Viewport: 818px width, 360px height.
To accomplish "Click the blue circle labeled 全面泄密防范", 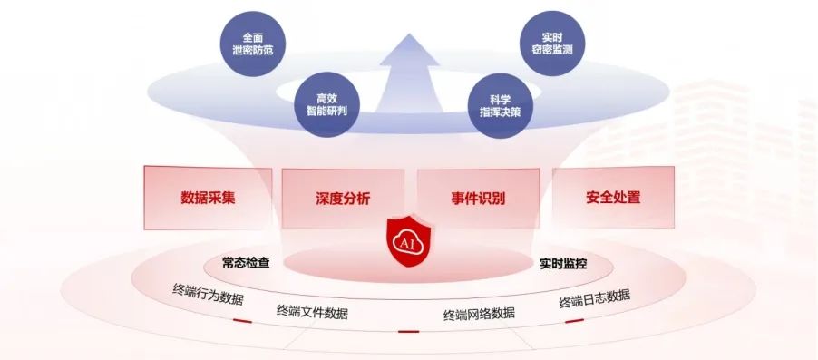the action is click(x=252, y=44).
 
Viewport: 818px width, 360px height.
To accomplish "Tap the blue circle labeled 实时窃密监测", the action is click(x=553, y=44).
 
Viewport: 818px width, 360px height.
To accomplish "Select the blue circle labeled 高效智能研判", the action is click(x=326, y=105).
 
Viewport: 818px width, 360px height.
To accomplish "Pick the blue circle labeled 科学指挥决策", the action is click(x=501, y=106).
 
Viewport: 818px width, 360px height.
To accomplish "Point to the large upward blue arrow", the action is click(x=409, y=73).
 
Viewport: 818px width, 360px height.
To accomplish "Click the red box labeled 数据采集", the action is click(x=208, y=198).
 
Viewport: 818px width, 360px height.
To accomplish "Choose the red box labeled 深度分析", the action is click(x=343, y=199).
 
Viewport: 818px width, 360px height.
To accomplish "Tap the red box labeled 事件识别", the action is click(x=478, y=199).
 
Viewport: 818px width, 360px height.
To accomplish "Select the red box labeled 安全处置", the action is click(x=613, y=198).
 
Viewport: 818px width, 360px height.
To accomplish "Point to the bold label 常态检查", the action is click(x=246, y=262).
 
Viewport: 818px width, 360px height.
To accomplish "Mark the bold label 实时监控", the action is click(x=563, y=264).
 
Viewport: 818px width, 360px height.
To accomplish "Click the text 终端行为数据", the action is click(x=208, y=295).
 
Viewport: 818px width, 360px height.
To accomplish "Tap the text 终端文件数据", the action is click(x=312, y=312).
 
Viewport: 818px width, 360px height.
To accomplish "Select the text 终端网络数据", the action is click(x=479, y=314).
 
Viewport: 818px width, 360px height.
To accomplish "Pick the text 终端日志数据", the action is click(x=595, y=298).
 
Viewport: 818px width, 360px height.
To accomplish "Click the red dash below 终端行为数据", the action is click(x=242, y=321).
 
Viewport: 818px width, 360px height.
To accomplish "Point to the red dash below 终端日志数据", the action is click(x=574, y=321).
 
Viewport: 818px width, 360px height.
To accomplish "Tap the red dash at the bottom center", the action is click(x=408, y=331).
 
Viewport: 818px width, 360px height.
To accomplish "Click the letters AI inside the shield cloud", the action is click(x=410, y=244).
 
